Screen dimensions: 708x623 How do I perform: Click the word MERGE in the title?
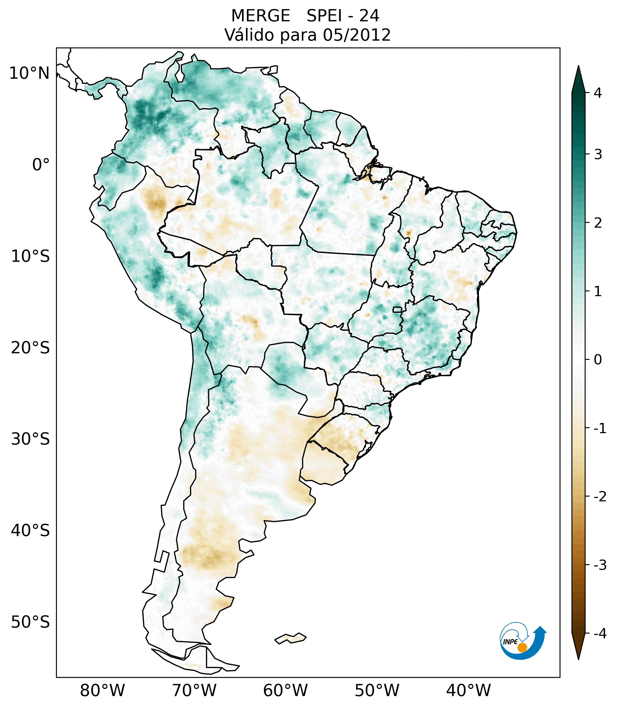click(x=260, y=16)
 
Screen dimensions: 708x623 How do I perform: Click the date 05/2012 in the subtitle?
click(x=357, y=35)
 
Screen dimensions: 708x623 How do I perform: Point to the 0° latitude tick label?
click(x=41, y=165)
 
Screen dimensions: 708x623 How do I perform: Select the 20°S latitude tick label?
click(x=30, y=348)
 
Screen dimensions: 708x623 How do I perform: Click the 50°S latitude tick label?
click(x=30, y=622)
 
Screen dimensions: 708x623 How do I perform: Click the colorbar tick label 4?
click(x=598, y=93)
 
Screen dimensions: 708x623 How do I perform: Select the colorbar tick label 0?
click(x=598, y=360)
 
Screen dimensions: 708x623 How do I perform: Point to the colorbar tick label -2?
click(x=600, y=497)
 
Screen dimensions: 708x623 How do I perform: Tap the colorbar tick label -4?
click(x=600, y=634)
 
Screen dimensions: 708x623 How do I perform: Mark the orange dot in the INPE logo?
click(x=522, y=647)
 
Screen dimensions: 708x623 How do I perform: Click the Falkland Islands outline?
click(x=290, y=638)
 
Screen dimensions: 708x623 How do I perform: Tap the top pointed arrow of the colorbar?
click(x=578, y=78)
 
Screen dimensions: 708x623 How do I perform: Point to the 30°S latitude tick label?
click(x=30, y=439)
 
